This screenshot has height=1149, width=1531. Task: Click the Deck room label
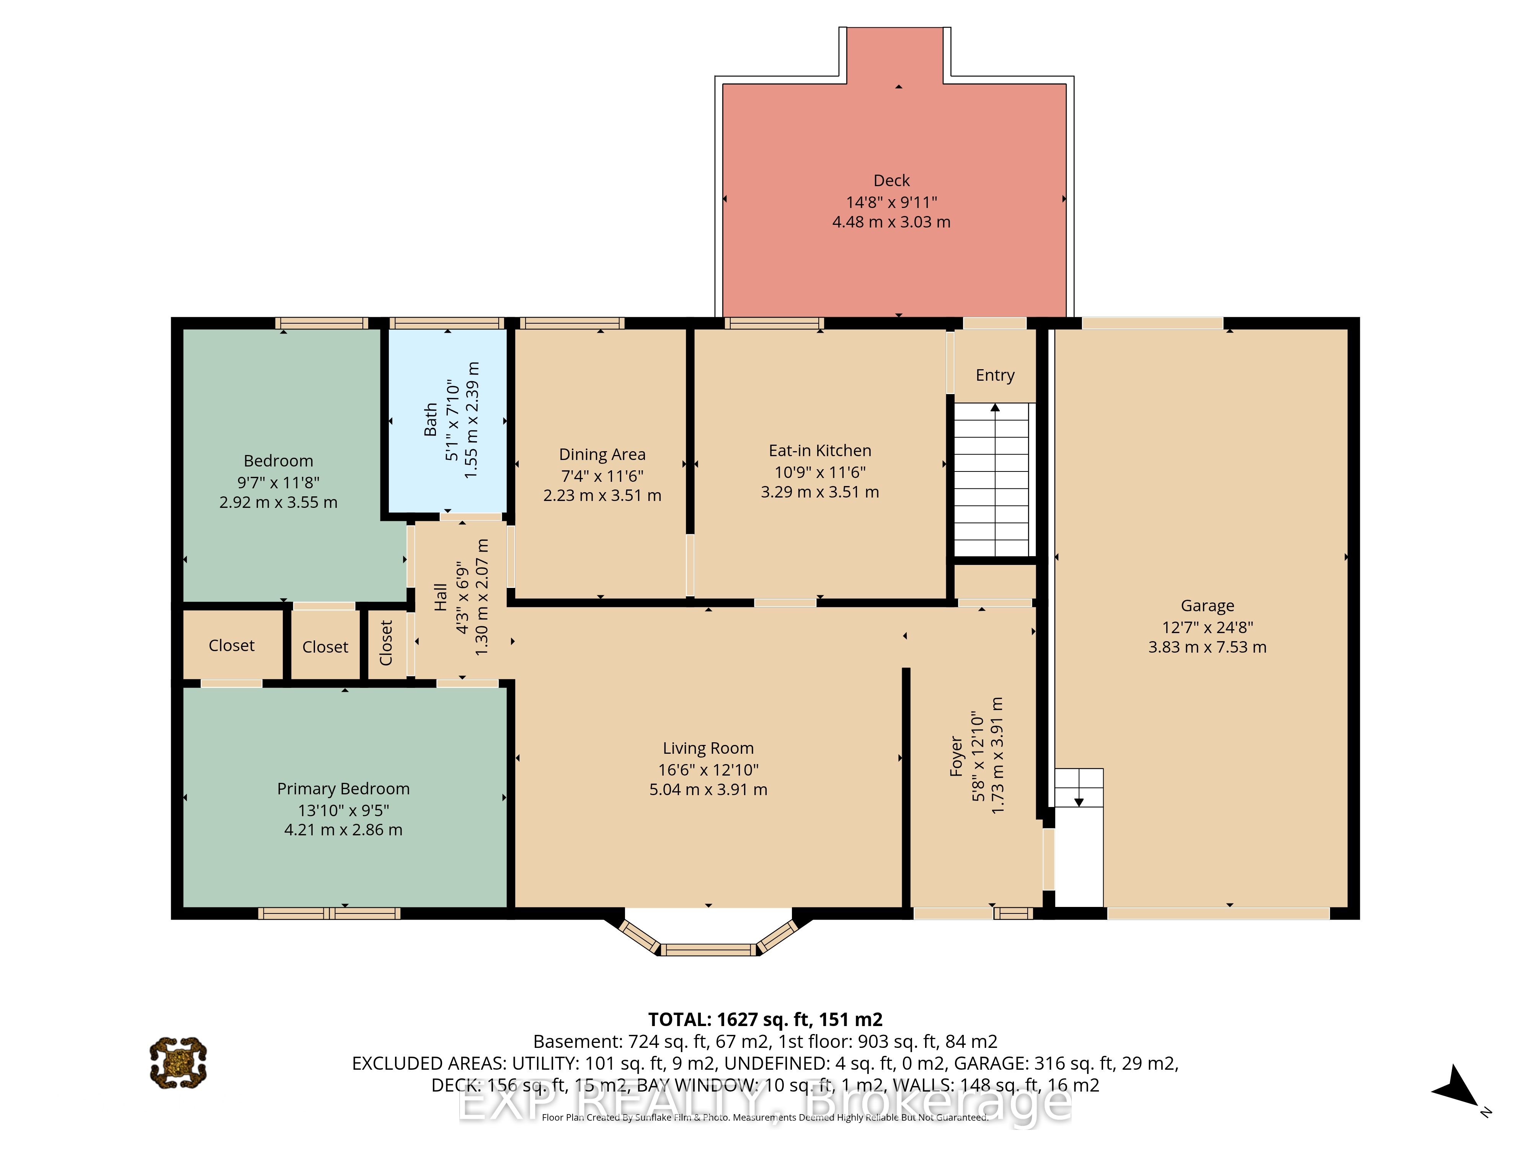tap(891, 181)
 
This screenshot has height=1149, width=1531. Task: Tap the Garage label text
tap(1207, 606)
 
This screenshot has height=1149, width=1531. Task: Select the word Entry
tap(995, 375)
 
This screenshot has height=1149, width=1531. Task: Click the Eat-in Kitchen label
tap(819, 451)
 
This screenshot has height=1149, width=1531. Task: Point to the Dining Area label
tap(602, 455)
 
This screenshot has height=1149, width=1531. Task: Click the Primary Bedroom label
tap(343, 789)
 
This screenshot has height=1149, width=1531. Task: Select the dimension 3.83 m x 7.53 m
tap(1207, 648)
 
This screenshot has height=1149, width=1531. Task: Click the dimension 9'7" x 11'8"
tap(278, 483)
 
